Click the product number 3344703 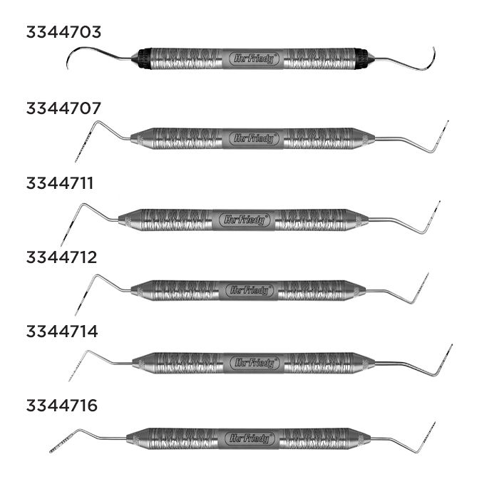[x=63, y=32]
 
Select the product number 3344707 [x=63, y=108]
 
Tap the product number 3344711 [x=63, y=183]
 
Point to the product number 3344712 [x=63, y=257]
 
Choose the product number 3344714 [x=63, y=331]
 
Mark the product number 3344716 [x=63, y=406]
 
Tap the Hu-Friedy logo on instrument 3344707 [x=254, y=138]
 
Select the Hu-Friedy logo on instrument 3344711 [x=244, y=220]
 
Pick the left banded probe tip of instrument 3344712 [x=79, y=303]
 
